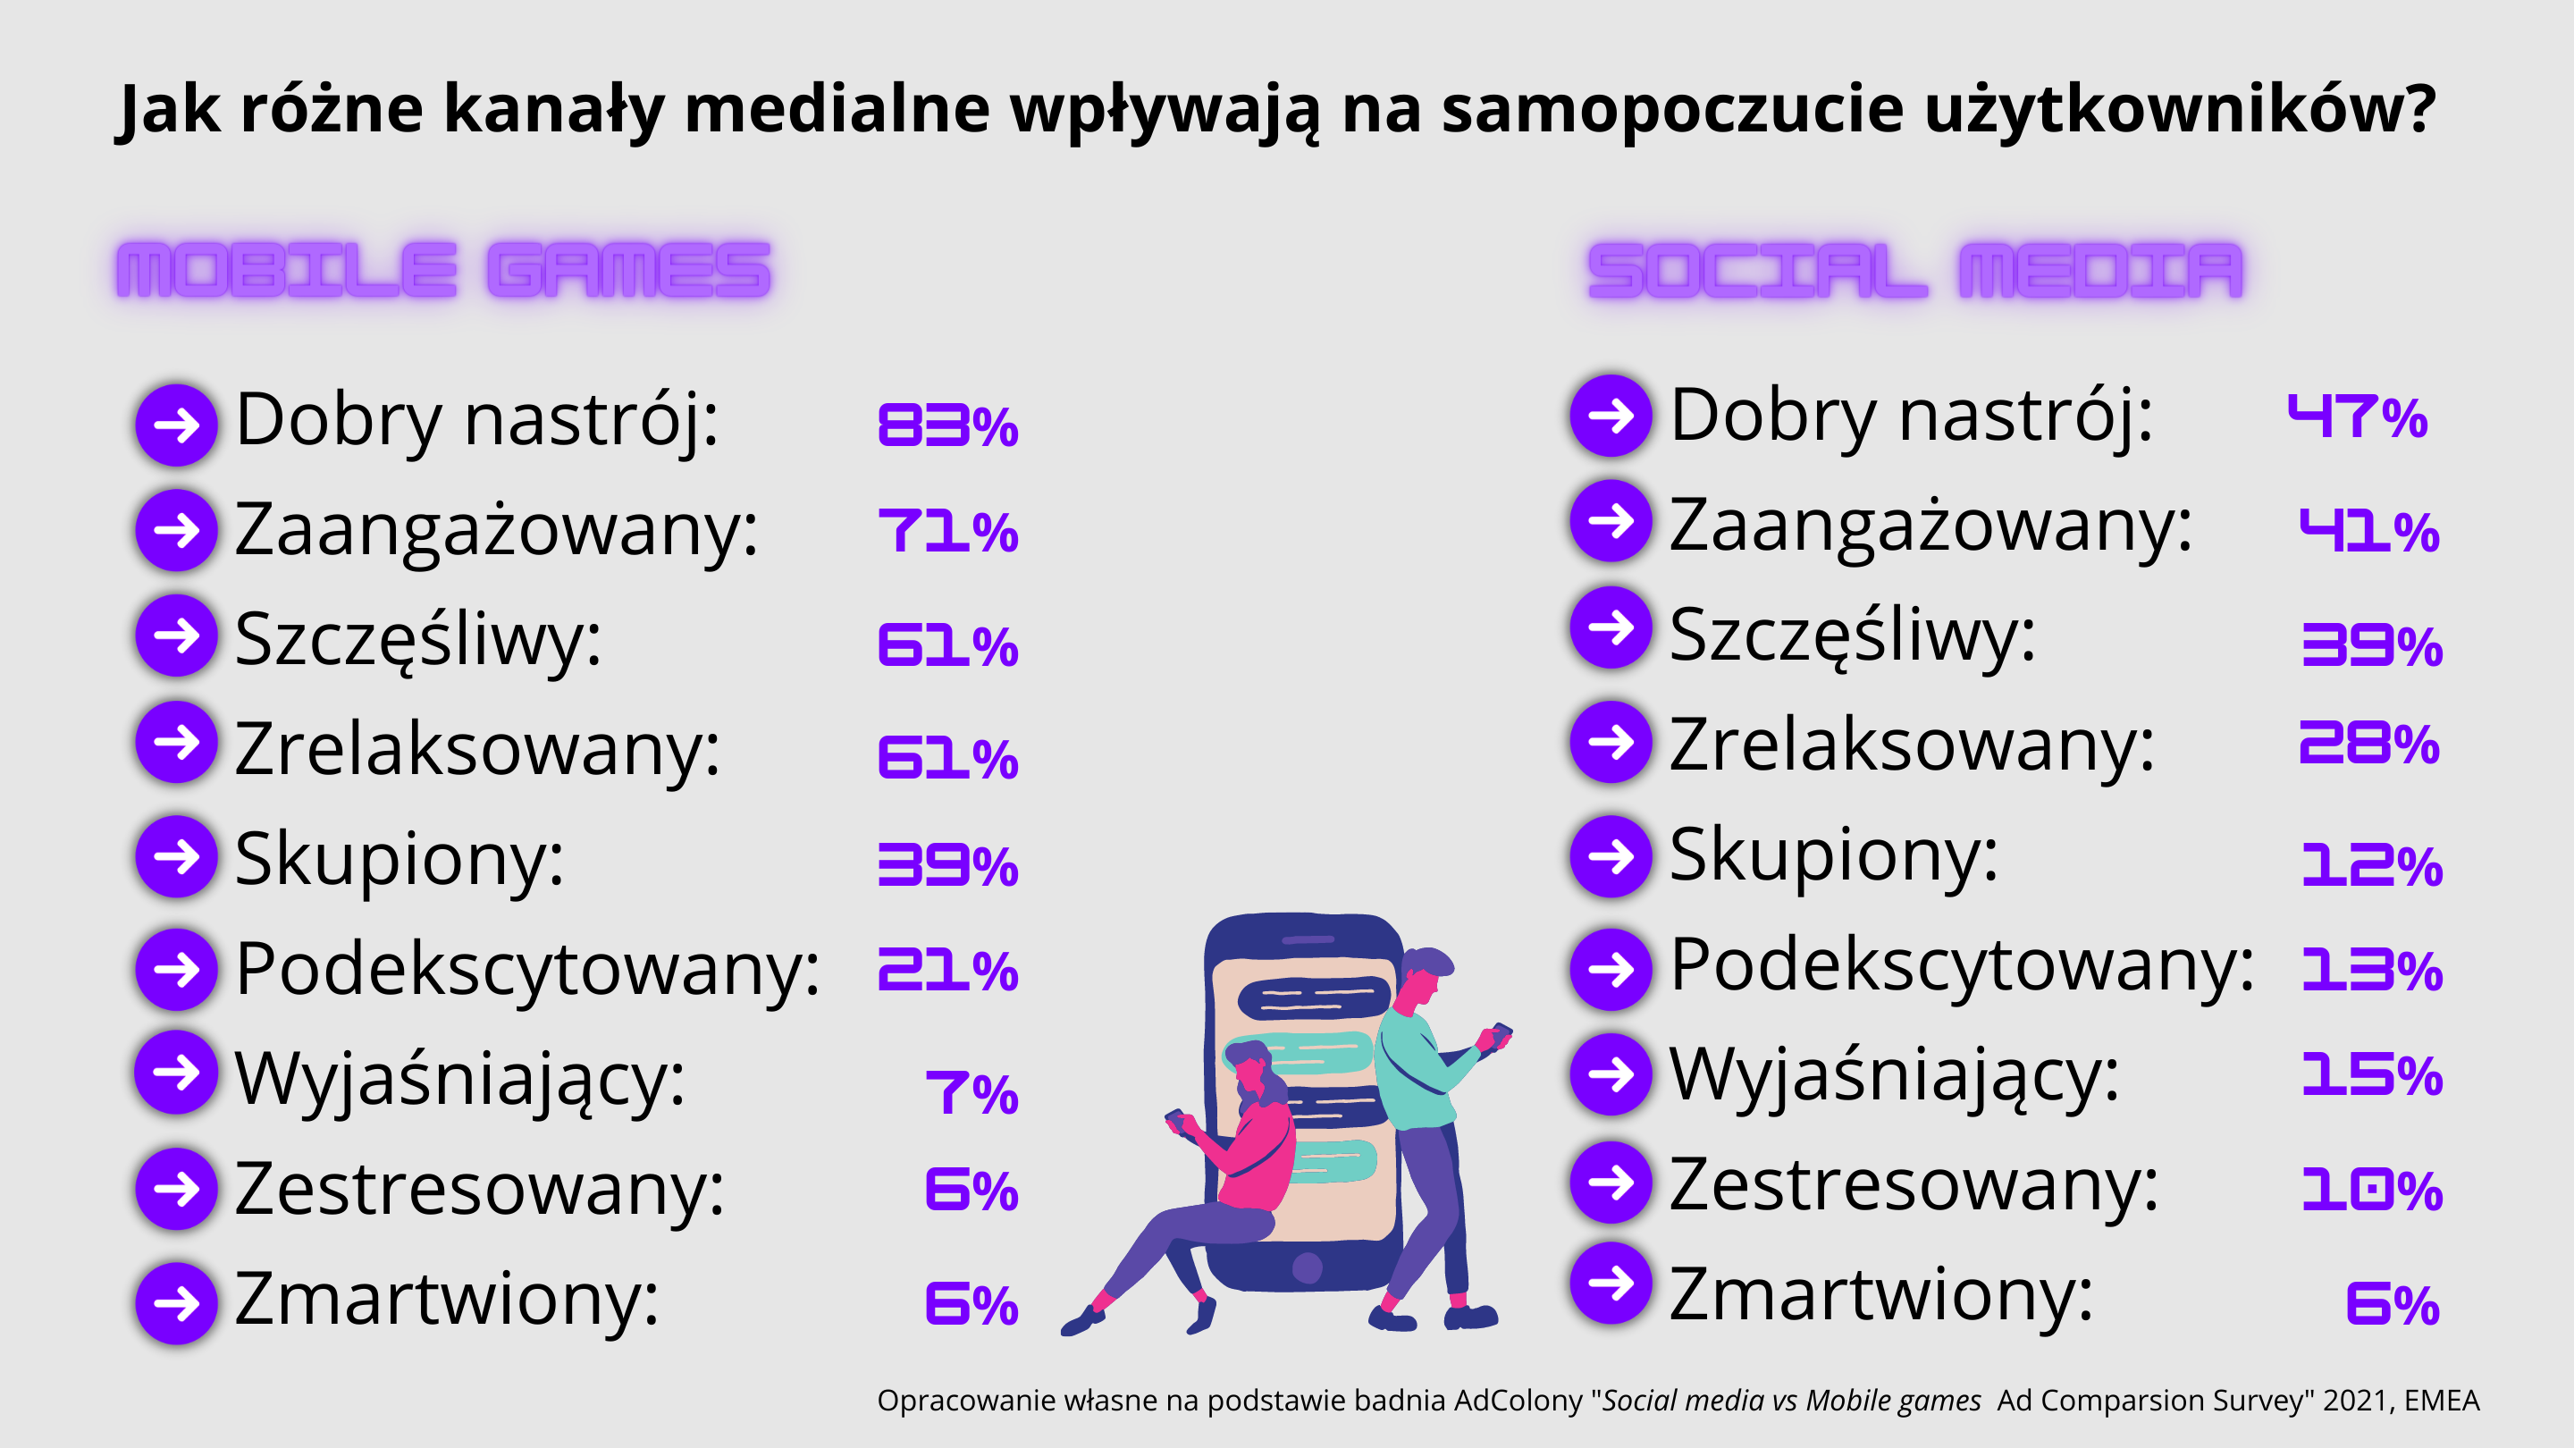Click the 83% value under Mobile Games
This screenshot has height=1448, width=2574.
pos(947,425)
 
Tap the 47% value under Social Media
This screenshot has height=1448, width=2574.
pos(2357,417)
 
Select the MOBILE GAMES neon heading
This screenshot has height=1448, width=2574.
pos(443,270)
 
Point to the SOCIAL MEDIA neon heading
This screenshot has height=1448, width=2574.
pos(1915,270)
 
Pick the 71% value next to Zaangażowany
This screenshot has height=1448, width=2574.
pos(947,531)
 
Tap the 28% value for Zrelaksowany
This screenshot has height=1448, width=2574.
pos(2369,744)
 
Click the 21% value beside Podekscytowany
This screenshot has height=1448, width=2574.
pos(947,971)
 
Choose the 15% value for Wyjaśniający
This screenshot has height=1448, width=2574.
pos(2372,1076)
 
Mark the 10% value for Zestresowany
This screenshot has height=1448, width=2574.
pos(2372,1189)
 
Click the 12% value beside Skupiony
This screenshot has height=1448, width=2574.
pos(2372,864)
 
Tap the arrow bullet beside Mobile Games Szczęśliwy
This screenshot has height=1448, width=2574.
pos(177,636)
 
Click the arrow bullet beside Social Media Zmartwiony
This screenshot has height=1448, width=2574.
pos(1611,1284)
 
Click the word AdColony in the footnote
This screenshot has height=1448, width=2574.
pos(1518,1401)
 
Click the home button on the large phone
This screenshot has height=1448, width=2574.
pos(1307,1268)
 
